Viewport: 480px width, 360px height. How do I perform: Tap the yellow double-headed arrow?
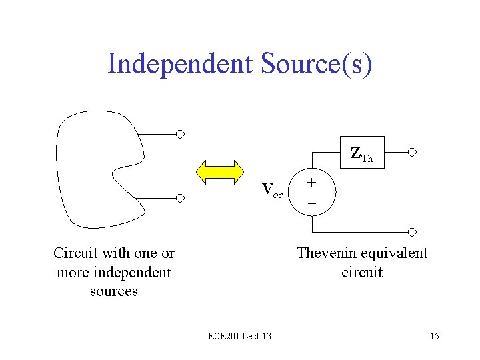point(221,171)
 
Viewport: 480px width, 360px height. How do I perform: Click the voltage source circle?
point(312,193)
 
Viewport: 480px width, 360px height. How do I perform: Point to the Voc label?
point(273,190)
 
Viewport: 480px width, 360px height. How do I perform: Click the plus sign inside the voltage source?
point(312,183)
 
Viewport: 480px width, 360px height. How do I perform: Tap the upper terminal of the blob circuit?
point(180,134)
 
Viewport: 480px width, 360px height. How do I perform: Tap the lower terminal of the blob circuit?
point(180,198)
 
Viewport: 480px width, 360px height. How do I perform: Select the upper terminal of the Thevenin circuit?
point(412,152)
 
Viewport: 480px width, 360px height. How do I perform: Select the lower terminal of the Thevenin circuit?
point(412,231)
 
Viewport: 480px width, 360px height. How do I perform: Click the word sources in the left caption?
point(113,291)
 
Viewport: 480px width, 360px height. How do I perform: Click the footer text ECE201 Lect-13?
point(239,336)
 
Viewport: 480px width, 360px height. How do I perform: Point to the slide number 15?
point(434,336)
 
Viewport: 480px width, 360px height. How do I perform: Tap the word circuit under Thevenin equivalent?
point(362,273)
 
